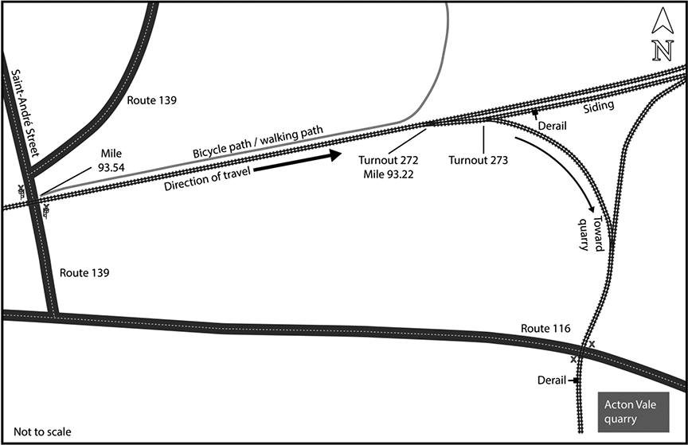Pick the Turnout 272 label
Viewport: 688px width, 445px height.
click(x=389, y=160)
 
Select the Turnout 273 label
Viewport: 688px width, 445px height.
click(x=478, y=160)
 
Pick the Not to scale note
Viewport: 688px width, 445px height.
click(x=42, y=432)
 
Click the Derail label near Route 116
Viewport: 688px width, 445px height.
click(x=552, y=380)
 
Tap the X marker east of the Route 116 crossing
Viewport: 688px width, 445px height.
click(x=592, y=344)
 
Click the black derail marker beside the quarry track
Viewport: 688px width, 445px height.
click(x=573, y=381)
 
